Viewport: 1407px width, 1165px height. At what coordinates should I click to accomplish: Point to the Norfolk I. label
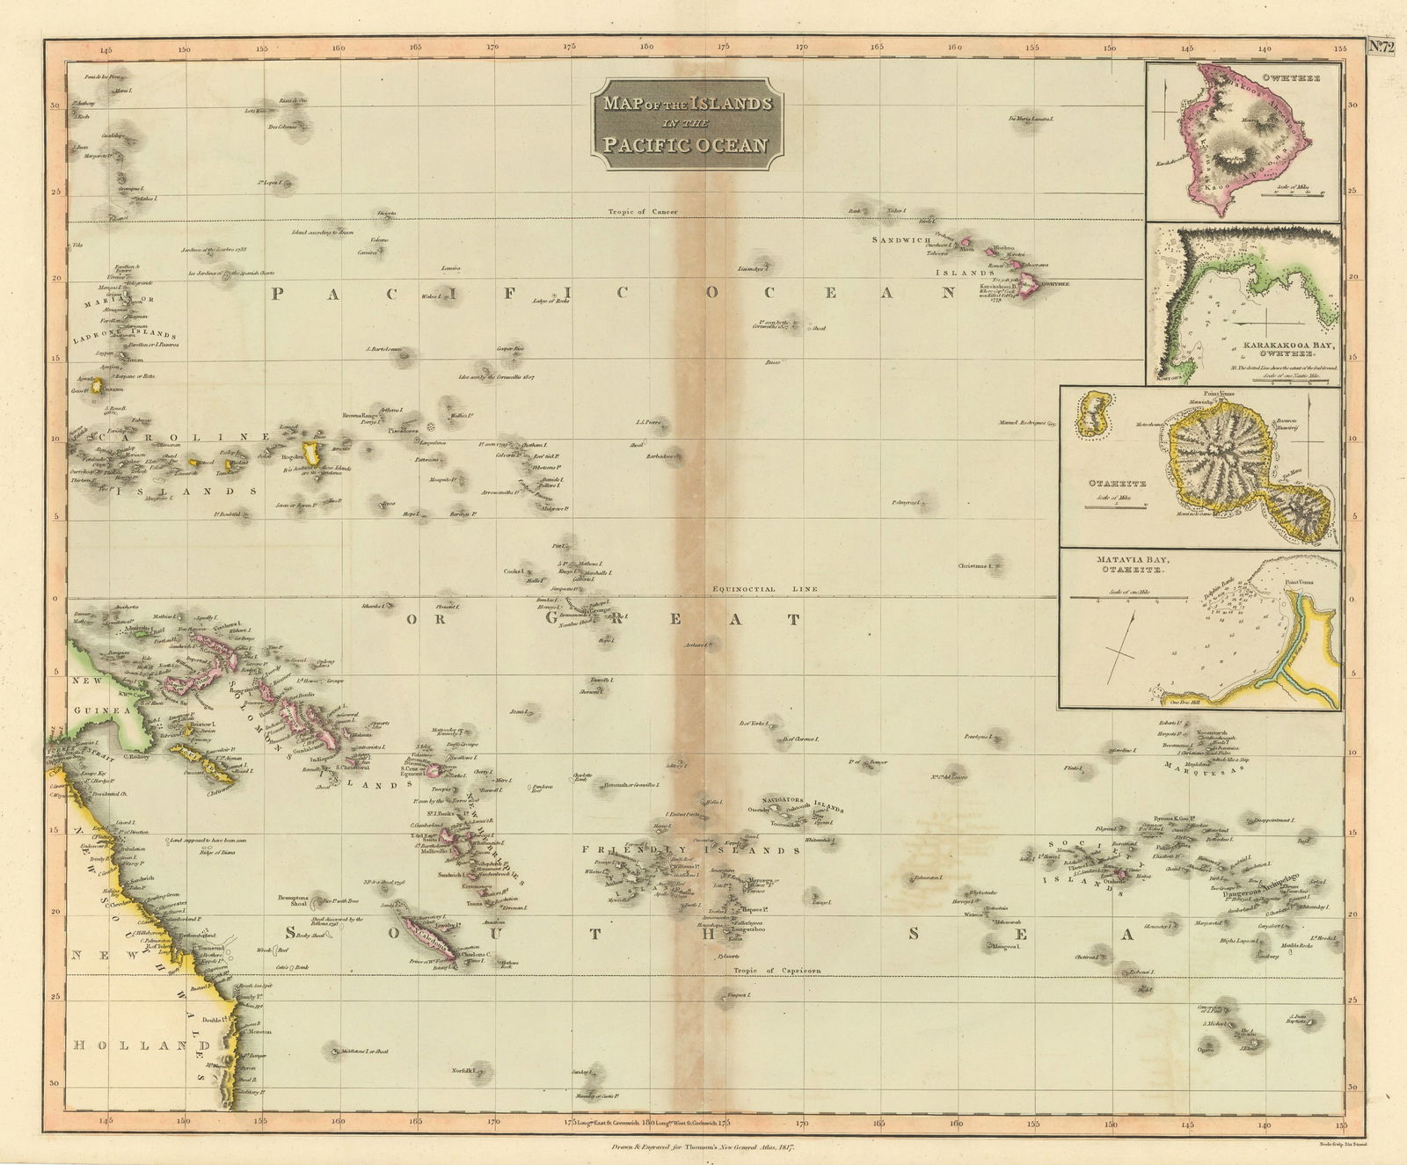(x=462, y=1071)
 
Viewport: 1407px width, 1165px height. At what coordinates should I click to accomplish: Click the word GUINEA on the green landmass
(x=102, y=709)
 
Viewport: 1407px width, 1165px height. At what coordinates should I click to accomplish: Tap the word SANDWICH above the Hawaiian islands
(x=900, y=239)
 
